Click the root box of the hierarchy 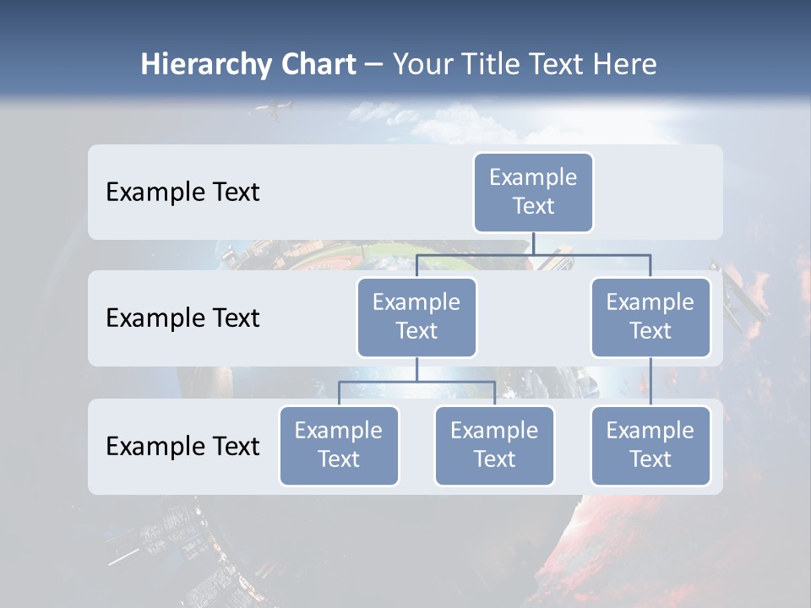click(x=533, y=192)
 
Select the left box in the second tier click(x=416, y=317)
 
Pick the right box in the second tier click(x=650, y=317)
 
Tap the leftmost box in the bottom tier click(x=339, y=445)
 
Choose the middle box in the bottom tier click(x=494, y=445)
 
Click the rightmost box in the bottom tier click(x=650, y=445)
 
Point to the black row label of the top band click(x=182, y=193)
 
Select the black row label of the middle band click(x=182, y=318)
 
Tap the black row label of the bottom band click(x=182, y=446)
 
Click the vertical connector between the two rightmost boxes click(x=650, y=381)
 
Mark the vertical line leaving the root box click(x=533, y=242)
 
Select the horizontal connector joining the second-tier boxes click(x=533, y=253)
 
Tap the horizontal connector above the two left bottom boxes click(x=416, y=382)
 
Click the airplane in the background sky click(x=274, y=109)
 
